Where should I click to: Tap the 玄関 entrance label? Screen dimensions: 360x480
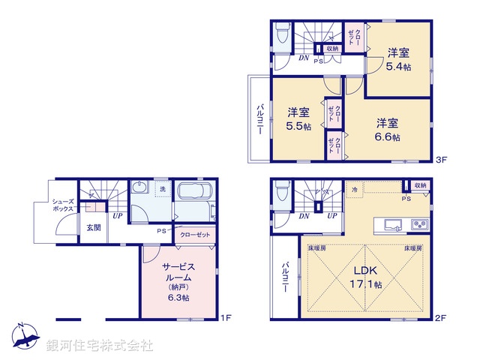point(92,227)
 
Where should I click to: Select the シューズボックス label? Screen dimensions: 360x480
point(62,205)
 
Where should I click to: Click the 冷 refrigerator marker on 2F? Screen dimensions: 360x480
point(355,191)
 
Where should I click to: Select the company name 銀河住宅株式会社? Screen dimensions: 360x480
point(99,346)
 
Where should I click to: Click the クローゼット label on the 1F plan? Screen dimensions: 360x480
point(196,235)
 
